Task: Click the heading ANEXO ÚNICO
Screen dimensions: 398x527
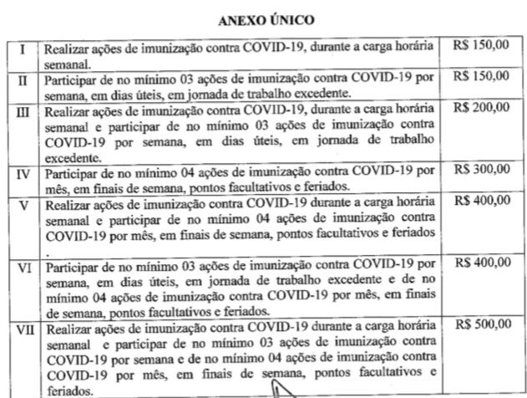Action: point(262,17)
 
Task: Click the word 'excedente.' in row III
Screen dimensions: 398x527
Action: point(71,156)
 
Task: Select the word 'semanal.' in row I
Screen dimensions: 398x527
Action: point(67,63)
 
